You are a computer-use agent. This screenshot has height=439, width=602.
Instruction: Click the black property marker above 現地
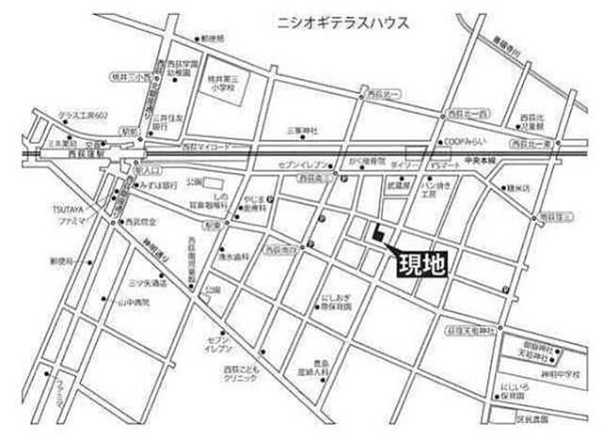(x=378, y=237)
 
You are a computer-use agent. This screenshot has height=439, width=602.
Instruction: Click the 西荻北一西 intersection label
(x=467, y=114)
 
